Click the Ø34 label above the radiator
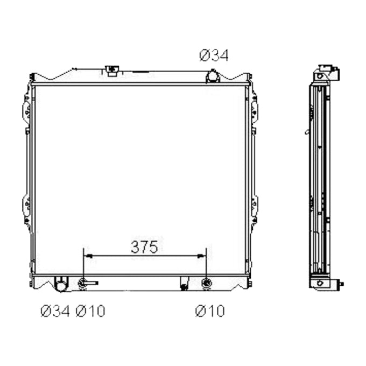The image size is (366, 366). pos(214,55)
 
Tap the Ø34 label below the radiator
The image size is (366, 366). pos(55,311)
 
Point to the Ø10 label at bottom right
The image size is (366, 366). pos(209,311)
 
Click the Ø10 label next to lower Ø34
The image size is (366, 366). pos(90,311)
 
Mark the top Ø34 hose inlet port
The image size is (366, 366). pos(213,77)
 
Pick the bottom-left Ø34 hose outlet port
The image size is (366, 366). pos(61,284)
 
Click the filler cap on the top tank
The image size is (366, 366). pos(112,70)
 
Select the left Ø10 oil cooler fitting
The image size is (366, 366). pos(84,283)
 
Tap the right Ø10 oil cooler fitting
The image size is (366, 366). pos(206,283)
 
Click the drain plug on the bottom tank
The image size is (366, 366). pos(184,284)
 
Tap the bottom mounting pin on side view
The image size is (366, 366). pos(341,284)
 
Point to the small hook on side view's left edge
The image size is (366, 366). pos(307,131)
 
